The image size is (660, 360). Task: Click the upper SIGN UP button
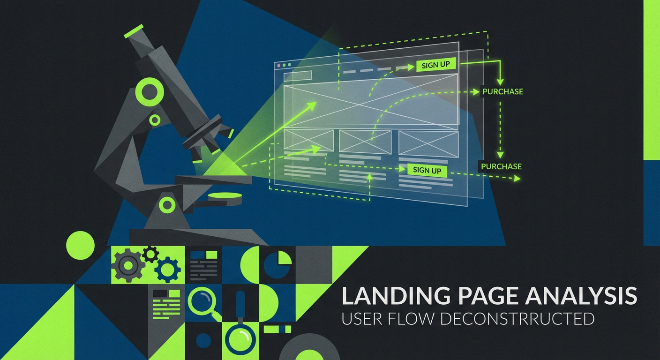[x=435, y=65]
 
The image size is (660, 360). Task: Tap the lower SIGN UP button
[x=427, y=170]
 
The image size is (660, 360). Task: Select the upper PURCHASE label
[x=502, y=91]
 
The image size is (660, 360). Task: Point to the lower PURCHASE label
[x=501, y=166]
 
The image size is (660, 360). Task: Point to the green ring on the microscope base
[x=167, y=204]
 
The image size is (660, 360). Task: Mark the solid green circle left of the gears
[x=80, y=245]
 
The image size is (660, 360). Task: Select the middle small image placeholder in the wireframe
[x=365, y=141]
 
